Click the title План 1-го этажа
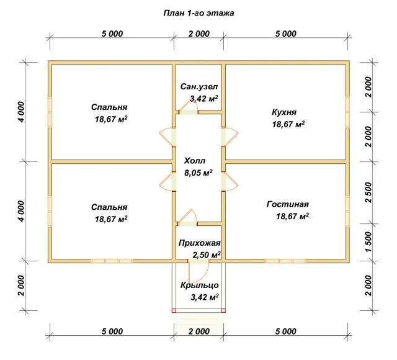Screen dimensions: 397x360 click(198, 13)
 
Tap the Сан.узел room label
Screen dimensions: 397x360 click(199, 87)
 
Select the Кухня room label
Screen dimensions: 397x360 click(284, 112)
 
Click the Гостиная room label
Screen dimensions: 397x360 click(288, 204)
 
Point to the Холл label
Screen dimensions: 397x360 click(195, 161)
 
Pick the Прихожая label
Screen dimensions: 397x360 click(200, 243)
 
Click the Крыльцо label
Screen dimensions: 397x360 click(200, 286)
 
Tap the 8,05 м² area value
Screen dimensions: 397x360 click(198, 173)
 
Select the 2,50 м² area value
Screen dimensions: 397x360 click(207, 254)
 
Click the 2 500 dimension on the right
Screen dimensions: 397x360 click(368, 192)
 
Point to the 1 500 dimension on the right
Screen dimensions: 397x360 click(368, 242)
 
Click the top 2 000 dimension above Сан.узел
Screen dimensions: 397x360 click(199, 34)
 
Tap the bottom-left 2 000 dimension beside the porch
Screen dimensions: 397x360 click(21, 286)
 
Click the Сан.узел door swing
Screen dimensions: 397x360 click(188, 107)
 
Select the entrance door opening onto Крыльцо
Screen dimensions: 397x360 click(198, 272)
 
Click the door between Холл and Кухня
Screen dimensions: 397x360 click(230, 137)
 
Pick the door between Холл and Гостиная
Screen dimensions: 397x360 click(230, 181)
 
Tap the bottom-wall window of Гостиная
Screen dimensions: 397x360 click(285, 261)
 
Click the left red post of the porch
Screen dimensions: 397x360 click(174, 310)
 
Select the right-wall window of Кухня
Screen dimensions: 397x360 click(347, 112)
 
